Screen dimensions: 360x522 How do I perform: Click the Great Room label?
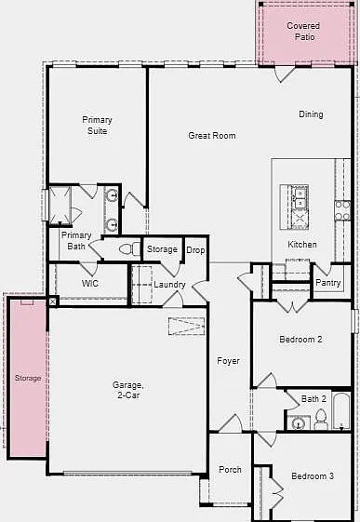click(212, 136)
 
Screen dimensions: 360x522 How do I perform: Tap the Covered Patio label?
click(303, 32)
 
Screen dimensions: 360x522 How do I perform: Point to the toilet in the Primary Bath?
click(129, 248)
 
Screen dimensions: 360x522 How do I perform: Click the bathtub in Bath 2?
click(341, 411)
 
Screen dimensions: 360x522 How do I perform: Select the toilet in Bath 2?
click(320, 419)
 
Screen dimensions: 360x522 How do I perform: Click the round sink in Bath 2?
click(298, 423)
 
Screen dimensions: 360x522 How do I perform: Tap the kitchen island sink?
click(300, 197)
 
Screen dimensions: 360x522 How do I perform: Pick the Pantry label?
click(328, 283)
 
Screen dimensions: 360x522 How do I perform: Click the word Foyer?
click(228, 361)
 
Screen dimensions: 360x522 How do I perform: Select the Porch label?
click(230, 470)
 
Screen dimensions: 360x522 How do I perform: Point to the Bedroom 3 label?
click(313, 476)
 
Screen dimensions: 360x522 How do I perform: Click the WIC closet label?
click(90, 284)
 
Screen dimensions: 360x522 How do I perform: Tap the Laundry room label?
click(169, 285)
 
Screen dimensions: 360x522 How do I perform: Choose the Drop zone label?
click(195, 250)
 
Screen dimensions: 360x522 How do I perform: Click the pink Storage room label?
click(28, 378)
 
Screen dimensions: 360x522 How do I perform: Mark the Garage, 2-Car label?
click(128, 390)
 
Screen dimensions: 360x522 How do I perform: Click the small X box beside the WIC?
click(53, 301)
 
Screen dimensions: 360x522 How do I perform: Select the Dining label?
click(311, 114)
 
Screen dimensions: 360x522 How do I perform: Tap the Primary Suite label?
click(97, 126)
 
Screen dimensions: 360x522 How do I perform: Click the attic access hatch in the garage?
click(186, 326)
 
